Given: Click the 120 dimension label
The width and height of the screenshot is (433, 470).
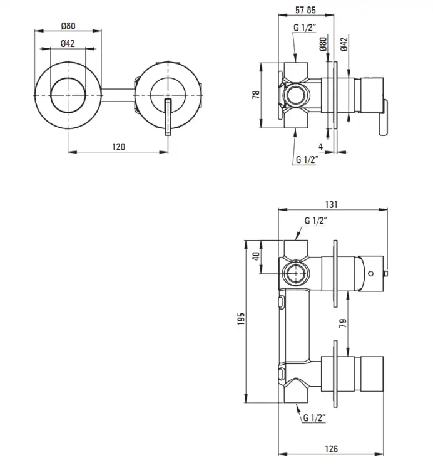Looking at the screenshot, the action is (118, 147).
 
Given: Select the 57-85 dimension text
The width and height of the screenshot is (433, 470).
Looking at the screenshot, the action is (305, 10).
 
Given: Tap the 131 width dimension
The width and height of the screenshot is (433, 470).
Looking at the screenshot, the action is (331, 204).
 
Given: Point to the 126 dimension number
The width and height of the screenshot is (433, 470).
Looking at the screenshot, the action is (331, 449).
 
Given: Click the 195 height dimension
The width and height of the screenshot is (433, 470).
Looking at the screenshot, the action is (241, 319).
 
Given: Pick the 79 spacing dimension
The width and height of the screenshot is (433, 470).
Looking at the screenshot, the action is (343, 323).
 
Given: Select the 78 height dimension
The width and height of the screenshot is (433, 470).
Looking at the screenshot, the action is (257, 95).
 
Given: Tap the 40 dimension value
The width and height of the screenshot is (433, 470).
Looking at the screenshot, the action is (256, 256).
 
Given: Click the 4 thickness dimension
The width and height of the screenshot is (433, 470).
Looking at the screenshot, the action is (321, 147).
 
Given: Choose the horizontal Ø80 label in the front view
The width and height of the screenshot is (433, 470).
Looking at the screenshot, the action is (68, 26).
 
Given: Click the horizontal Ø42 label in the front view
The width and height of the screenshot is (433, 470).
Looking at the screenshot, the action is (68, 44).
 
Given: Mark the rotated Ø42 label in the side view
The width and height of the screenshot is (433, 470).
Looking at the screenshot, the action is (344, 44).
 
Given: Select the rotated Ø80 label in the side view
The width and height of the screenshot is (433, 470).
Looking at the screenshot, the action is (323, 44).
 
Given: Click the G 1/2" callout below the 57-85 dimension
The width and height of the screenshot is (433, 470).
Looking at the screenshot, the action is (305, 28).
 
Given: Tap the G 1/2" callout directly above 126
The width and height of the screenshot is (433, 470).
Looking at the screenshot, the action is (314, 417).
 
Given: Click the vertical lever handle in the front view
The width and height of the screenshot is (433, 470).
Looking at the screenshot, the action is (168, 117).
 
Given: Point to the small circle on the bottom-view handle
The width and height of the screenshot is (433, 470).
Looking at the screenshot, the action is (371, 273).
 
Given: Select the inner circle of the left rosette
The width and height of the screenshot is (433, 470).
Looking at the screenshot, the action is (68, 96).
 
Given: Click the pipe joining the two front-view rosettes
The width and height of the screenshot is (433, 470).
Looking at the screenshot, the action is (118, 95).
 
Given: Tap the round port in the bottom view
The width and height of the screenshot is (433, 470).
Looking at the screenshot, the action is (296, 274).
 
